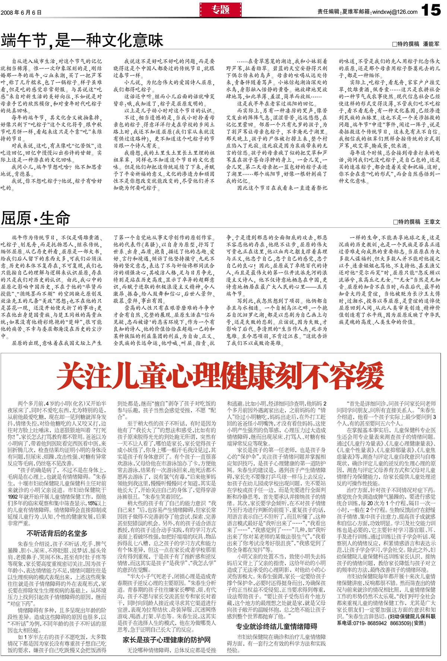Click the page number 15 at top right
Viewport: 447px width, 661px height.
(x=431, y=10)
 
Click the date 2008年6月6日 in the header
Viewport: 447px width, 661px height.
(x=21, y=12)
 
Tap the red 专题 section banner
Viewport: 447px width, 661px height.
(x=221, y=10)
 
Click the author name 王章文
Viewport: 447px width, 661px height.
(x=432, y=222)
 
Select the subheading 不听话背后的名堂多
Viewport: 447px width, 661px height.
(x=57, y=533)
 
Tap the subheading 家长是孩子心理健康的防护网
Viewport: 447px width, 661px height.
(x=167, y=640)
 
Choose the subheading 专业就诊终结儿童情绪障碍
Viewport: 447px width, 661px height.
(x=276, y=626)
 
